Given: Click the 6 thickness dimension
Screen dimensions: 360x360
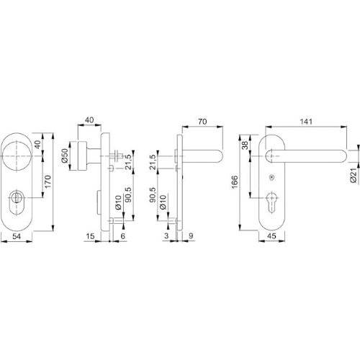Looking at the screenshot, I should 123,236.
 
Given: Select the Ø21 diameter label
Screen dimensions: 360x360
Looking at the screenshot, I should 354,169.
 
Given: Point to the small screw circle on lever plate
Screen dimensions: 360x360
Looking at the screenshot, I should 271,178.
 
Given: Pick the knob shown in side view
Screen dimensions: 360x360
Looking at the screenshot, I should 85,153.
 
